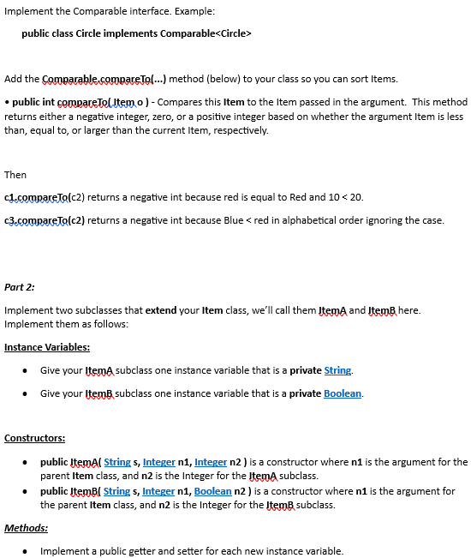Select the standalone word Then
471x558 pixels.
15,175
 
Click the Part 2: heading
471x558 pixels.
20,287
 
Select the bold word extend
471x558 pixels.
162,309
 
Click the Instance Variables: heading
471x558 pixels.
47,347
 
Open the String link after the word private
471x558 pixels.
338,370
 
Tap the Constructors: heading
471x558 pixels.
35,438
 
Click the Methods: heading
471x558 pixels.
26,528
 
